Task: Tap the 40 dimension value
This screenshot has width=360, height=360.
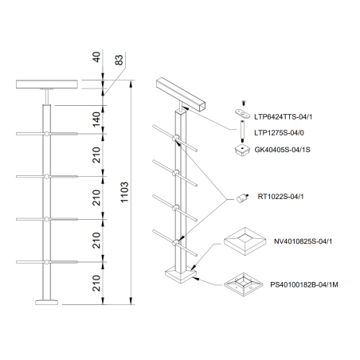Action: tap(96, 59)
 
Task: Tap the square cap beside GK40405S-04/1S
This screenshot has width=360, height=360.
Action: tap(240, 148)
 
